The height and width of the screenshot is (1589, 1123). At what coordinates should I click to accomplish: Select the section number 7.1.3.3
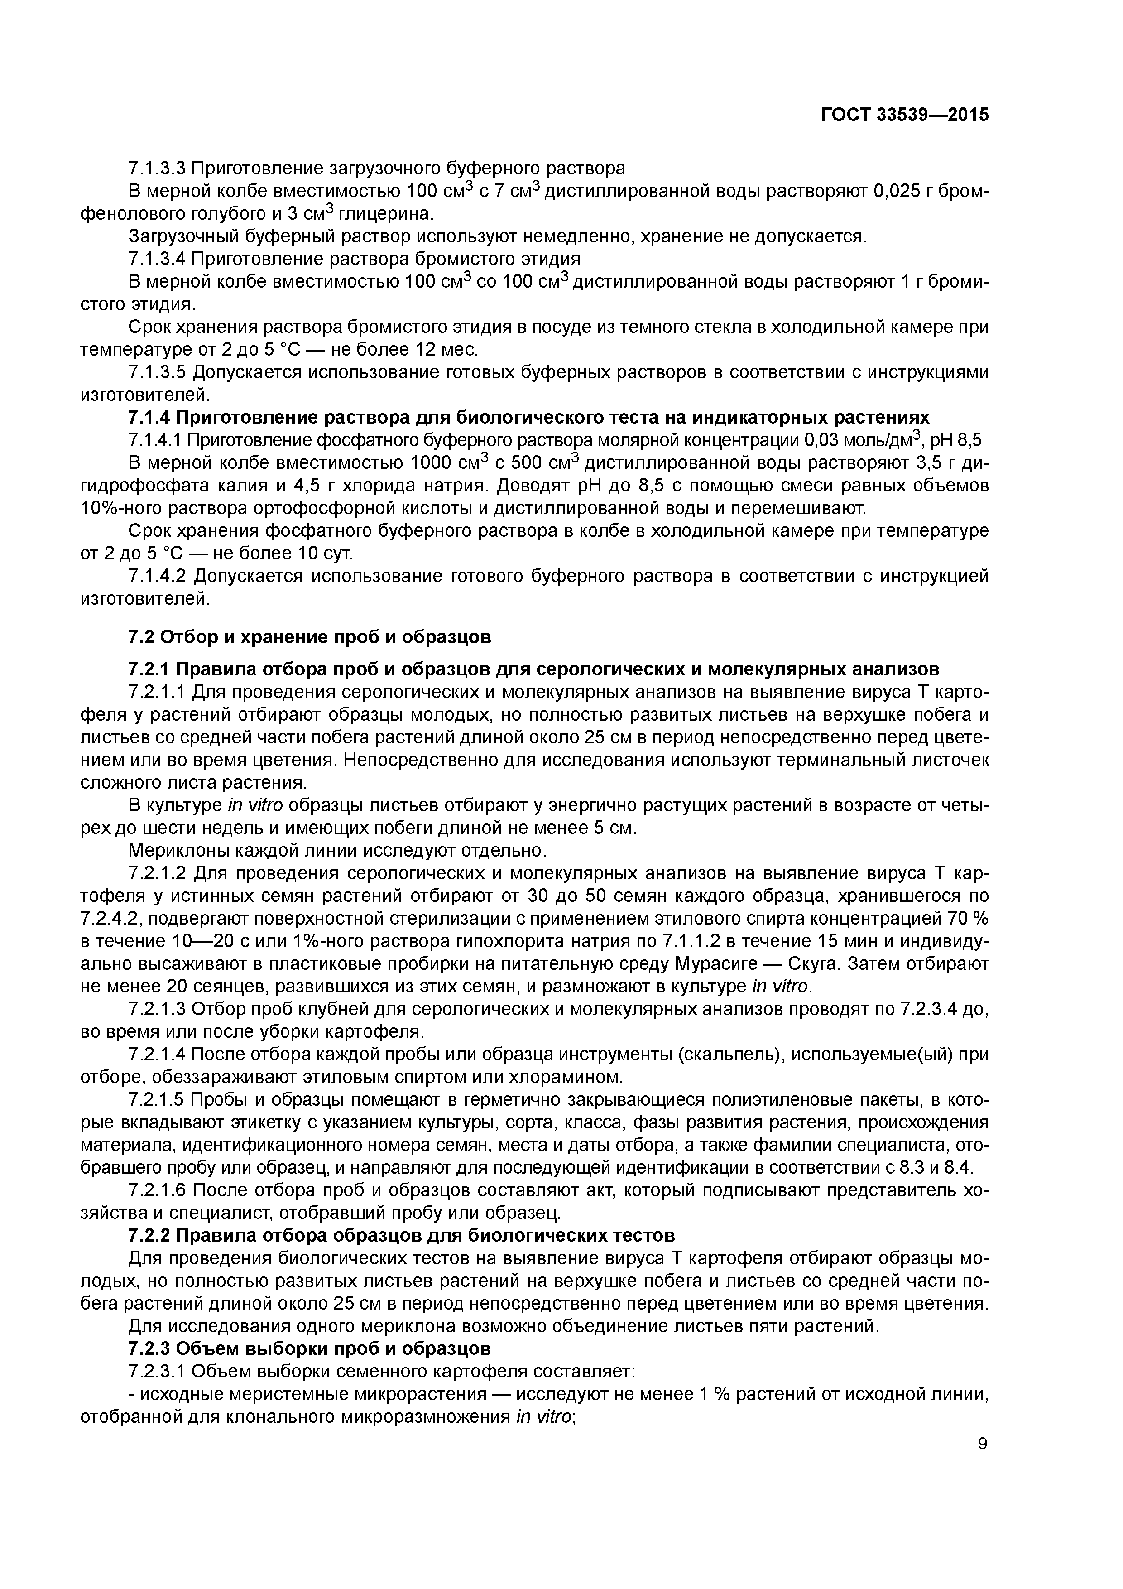(157, 168)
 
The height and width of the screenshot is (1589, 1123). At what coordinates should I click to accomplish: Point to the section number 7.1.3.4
(157, 259)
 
